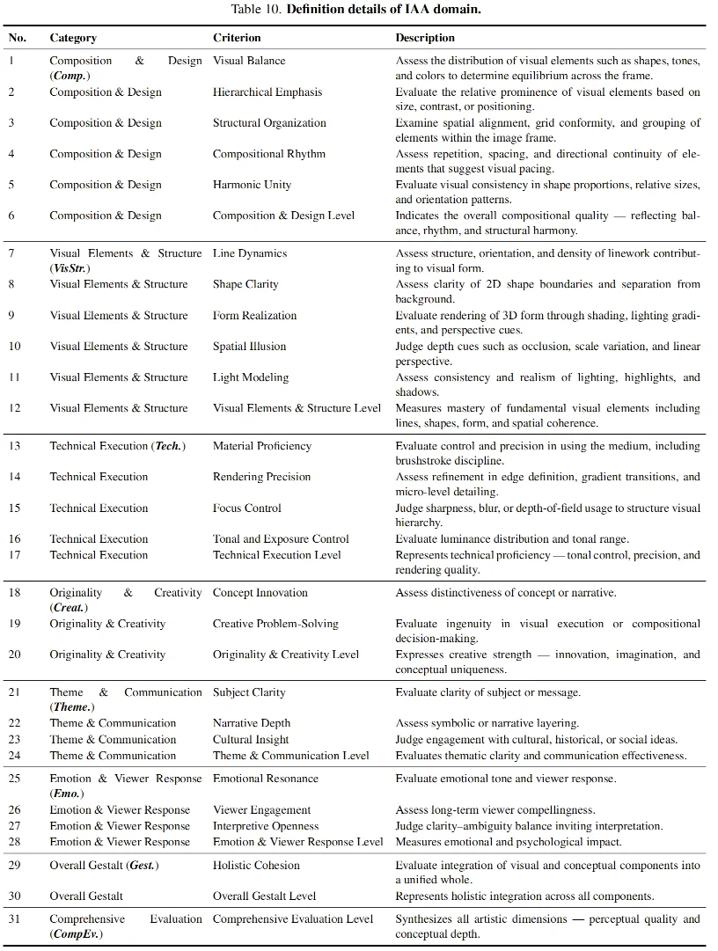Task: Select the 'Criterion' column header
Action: pos(237,39)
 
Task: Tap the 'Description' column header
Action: pos(425,39)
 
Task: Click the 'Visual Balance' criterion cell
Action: pos(249,62)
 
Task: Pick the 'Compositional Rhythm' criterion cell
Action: pos(269,154)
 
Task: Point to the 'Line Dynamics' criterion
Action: pos(250,253)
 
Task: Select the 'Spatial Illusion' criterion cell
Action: pos(250,347)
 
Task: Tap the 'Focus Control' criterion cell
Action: pos(247,508)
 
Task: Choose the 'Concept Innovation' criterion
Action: pos(260,593)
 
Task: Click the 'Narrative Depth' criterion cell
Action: pos(252,723)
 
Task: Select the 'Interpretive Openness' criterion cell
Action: pos(266,826)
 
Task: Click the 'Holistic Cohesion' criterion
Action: pos(256,866)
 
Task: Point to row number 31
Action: pos(15,919)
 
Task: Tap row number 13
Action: pos(15,446)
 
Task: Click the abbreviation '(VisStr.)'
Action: pos(70,268)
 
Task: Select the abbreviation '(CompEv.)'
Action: pos(76,934)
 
